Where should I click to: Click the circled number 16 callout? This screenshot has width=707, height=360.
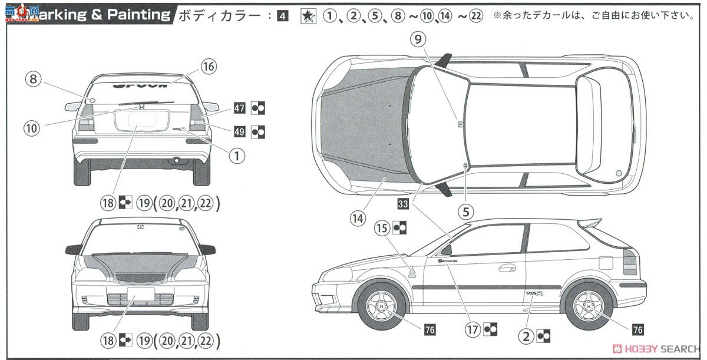[x=209, y=67]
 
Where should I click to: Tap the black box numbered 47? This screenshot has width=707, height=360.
[x=239, y=108]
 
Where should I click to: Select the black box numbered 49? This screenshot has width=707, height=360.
[x=239, y=132]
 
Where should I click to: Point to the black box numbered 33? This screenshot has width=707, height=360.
[x=403, y=205]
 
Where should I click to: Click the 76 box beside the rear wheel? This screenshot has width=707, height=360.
[x=637, y=329]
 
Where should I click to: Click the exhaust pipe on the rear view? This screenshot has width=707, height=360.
[x=174, y=160]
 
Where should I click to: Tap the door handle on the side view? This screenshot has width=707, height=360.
[x=507, y=268]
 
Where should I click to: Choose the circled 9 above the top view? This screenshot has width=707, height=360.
[x=418, y=39]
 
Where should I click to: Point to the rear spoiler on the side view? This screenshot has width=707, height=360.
[x=593, y=224]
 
